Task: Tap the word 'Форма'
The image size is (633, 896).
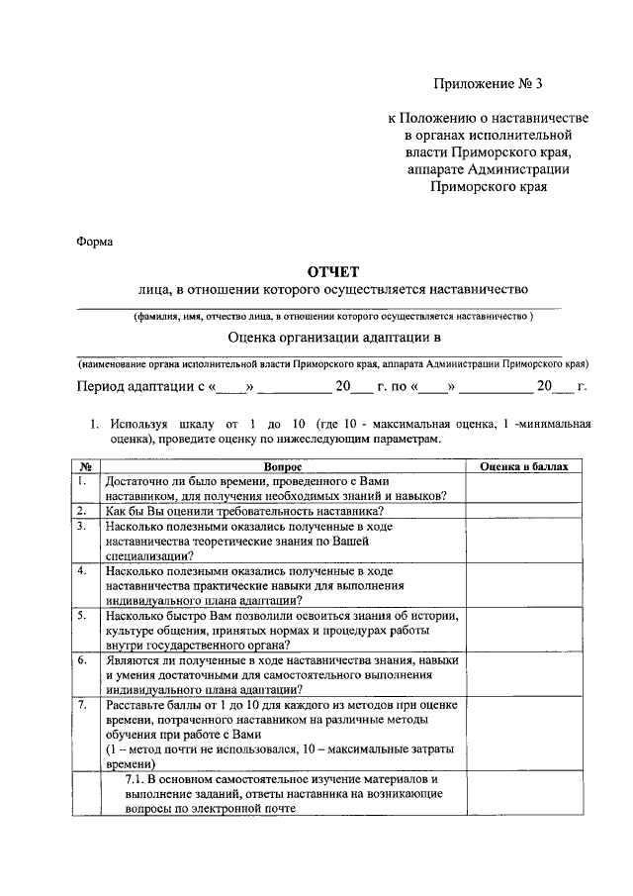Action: point(95,240)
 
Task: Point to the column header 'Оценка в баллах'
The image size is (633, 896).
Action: point(524,465)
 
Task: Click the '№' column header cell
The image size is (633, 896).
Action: point(86,465)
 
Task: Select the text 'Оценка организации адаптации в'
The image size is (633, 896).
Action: point(332,338)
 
